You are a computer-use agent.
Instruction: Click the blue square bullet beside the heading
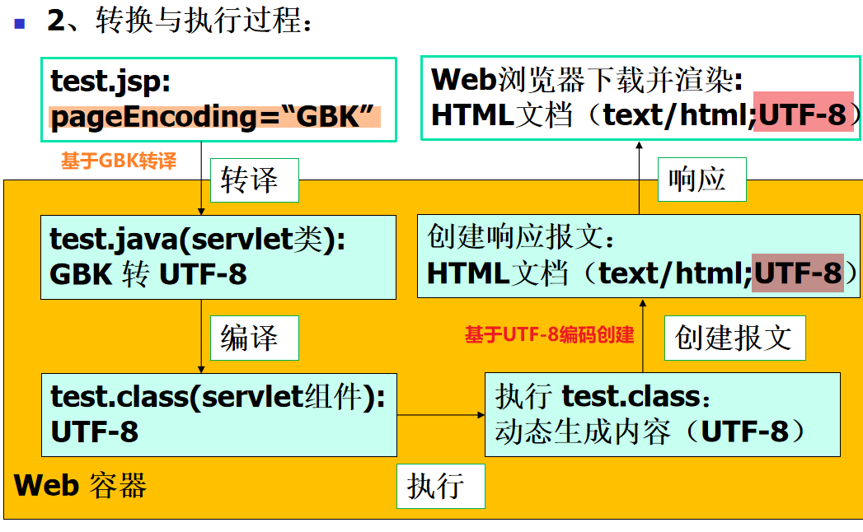[x=20, y=22]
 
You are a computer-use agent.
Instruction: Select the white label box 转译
[x=249, y=180]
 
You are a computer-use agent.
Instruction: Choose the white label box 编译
[x=249, y=338]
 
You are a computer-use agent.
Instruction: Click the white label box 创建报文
[x=734, y=338]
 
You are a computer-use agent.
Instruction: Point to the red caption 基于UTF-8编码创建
[x=549, y=335]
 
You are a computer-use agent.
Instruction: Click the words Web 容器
[x=80, y=485]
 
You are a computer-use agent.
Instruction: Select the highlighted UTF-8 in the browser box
[x=803, y=115]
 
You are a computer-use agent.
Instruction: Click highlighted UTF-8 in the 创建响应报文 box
[x=798, y=273]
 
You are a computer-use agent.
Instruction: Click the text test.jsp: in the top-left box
[x=110, y=81]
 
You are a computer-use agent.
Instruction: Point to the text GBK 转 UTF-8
[x=148, y=274]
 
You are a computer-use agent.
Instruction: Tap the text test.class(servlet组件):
[x=218, y=397]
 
